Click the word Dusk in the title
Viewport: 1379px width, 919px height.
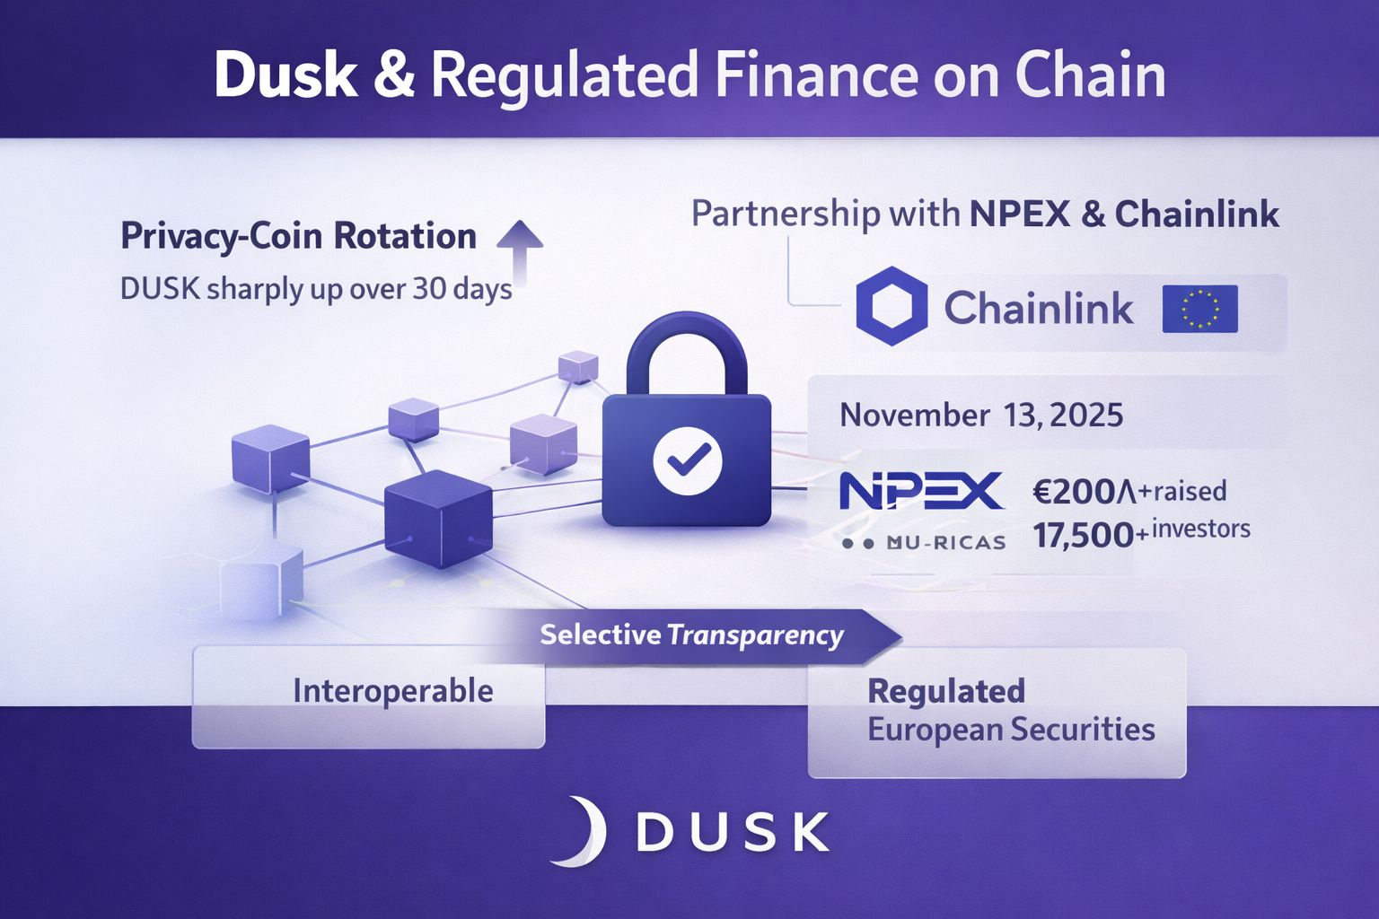click(285, 75)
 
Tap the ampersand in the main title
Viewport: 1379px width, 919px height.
click(393, 75)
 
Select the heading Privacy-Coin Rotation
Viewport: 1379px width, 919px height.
click(298, 236)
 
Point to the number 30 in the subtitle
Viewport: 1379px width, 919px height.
click(430, 289)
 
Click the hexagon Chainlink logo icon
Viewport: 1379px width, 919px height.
click(891, 307)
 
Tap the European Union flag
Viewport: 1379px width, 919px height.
click(1199, 309)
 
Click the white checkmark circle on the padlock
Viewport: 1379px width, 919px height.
click(687, 461)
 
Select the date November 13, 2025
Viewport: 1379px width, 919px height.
click(980, 416)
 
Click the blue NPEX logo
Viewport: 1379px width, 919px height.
click(920, 491)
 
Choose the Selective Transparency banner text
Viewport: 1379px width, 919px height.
click(691, 635)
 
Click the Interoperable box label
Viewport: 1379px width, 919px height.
click(392, 691)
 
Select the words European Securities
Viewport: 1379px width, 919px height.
click(1011, 730)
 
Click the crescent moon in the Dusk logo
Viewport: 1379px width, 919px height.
click(581, 831)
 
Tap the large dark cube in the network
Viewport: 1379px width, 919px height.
click(438, 518)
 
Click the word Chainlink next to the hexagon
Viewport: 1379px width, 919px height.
click(1038, 309)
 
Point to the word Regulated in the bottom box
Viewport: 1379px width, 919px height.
click(946, 691)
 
